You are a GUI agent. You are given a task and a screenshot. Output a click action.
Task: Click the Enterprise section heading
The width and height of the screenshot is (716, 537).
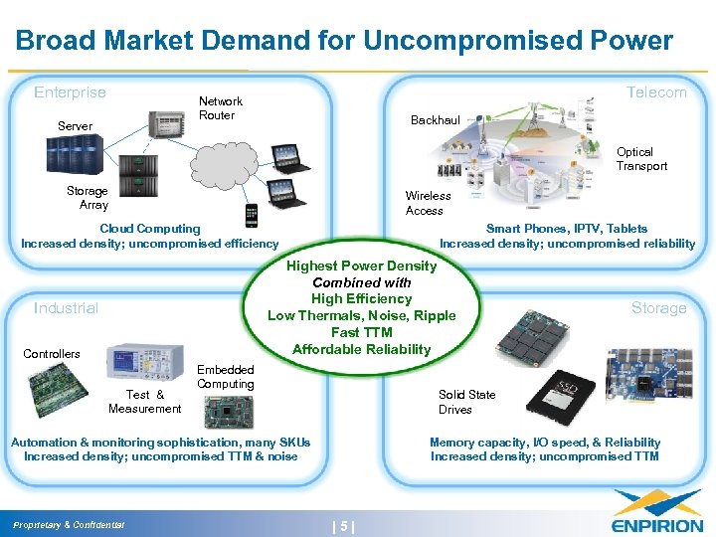70,92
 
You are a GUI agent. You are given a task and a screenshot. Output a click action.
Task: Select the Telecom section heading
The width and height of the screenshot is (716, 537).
655,92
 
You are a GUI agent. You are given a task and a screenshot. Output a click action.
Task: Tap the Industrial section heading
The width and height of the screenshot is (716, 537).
66,308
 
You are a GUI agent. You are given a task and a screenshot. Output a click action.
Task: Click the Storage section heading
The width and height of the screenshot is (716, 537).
658,308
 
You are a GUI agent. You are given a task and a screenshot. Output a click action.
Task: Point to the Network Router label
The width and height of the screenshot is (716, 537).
220,108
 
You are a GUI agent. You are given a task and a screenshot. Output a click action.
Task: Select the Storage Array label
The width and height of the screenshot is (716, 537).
87,198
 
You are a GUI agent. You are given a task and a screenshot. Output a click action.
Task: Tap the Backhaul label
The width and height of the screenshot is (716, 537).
436,120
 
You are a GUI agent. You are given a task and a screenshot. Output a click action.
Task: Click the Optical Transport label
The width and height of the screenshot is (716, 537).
641,159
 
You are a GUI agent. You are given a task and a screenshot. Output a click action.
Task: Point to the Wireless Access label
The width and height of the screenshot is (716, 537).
428,204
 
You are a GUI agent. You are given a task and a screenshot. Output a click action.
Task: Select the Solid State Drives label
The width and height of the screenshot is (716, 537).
466,402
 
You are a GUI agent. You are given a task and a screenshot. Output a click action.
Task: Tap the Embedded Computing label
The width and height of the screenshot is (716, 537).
225,377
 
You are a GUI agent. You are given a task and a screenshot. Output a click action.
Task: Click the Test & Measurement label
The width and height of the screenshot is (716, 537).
144,402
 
